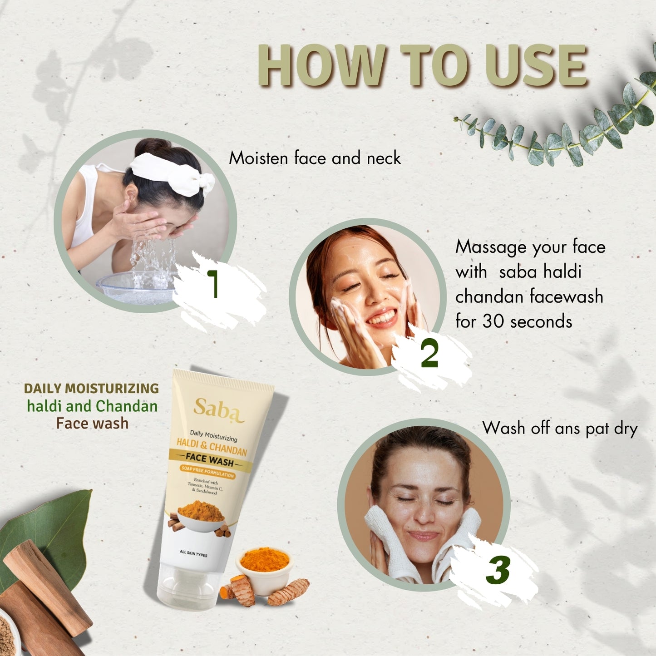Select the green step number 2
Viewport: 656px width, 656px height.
(429, 353)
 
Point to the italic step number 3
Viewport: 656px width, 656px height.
(498, 570)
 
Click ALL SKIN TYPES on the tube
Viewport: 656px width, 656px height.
(193, 554)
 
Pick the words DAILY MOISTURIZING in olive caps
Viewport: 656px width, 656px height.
(91, 388)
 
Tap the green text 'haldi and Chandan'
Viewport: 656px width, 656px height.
(92, 406)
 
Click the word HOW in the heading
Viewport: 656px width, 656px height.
(322, 65)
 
